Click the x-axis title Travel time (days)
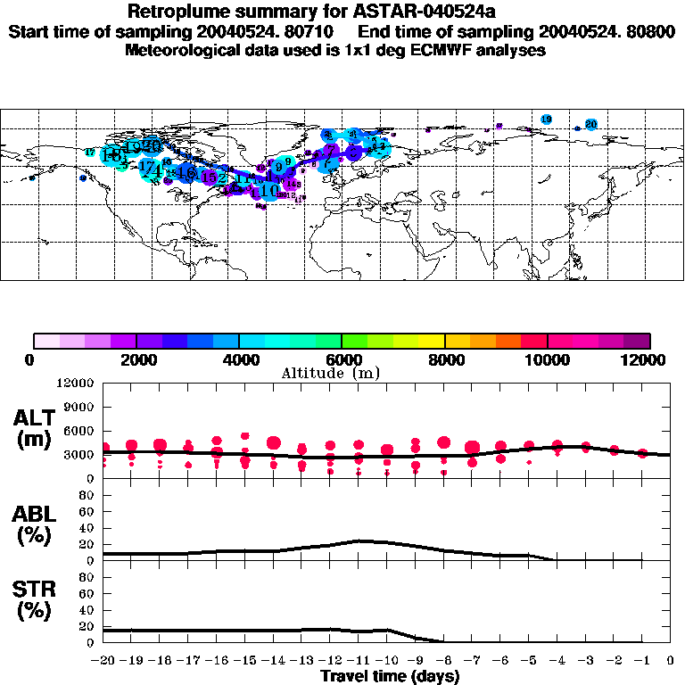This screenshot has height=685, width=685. point(390,676)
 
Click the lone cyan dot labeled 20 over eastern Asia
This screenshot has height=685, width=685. point(590,124)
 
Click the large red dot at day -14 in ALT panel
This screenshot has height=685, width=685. point(274,442)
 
